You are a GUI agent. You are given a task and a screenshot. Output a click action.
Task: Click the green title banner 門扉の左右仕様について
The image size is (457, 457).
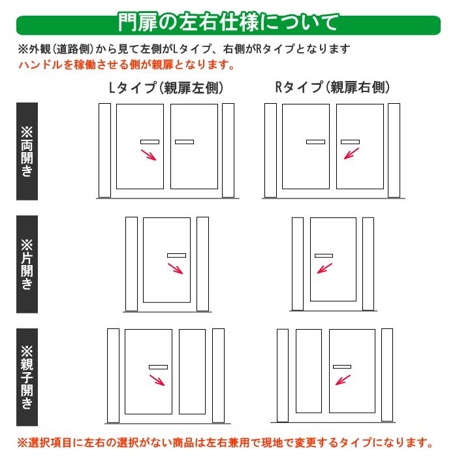pyautogui.click(x=228, y=22)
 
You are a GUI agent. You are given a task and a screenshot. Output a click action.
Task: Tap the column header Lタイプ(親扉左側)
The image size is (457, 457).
pyautogui.click(x=166, y=88)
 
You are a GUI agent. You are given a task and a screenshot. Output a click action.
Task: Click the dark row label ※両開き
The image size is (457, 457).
pyautogui.click(x=27, y=151)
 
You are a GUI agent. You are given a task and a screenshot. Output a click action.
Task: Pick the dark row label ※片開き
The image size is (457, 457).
pyautogui.click(x=27, y=264)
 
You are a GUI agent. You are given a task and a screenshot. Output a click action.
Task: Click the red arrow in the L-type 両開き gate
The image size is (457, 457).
pyautogui.click(x=150, y=155)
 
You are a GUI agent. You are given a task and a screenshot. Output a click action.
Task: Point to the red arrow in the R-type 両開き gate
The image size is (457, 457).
pyautogui.click(x=352, y=153)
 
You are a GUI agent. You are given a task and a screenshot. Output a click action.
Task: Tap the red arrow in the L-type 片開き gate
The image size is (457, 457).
pyautogui.click(x=176, y=270)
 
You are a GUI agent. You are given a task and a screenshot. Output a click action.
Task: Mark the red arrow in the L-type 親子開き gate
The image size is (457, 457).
pyautogui.click(x=156, y=381)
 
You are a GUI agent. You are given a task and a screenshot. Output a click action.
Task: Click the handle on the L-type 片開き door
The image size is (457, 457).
pyautogui.click(x=176, y=255)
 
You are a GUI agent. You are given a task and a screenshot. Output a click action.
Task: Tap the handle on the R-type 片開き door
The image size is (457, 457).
pyautogui.click(x=324, y=255)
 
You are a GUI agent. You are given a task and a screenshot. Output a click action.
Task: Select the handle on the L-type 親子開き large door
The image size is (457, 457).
pyautogui.click(x=158, y=367)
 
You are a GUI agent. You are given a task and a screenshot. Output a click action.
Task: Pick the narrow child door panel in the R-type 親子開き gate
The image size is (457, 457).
pyautogui.click(x=308, y=371)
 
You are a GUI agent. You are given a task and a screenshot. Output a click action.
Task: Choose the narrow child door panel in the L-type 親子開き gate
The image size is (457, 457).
pyautogui.click(x=192, y=371)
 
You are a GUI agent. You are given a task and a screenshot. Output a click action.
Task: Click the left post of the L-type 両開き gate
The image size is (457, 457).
pyautogui.click(x=104, y=150)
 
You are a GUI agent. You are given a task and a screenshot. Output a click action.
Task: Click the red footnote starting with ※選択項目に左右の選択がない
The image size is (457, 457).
pyautogui.click(x=225, y=442)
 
